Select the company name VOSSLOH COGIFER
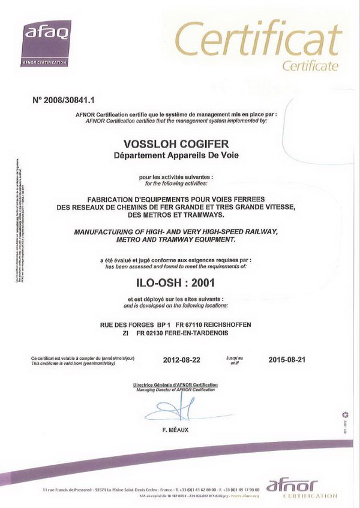[176, 145]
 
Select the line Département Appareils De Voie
[176, 156]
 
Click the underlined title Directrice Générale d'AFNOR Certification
[175, 384]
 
